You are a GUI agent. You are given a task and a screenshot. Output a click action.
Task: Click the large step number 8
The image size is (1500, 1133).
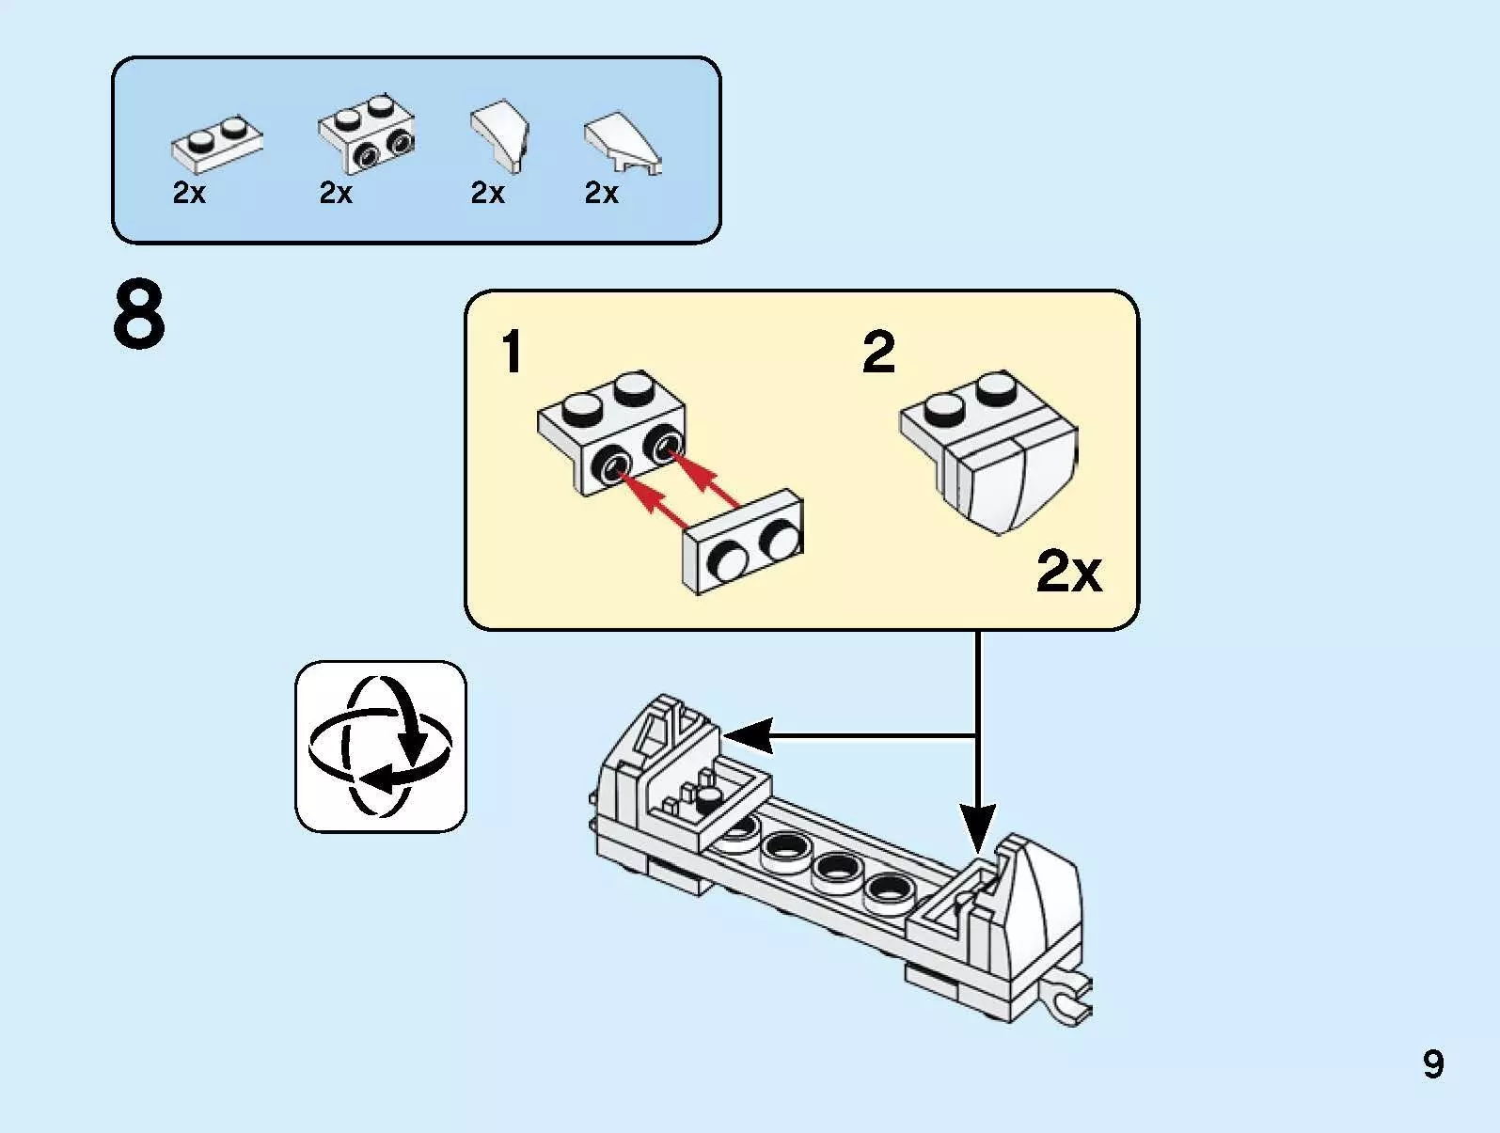click(139, 316)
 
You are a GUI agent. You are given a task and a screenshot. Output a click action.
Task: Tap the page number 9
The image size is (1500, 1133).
click(1432, 1064)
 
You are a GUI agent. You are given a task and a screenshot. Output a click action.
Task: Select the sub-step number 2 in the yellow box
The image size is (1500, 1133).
click(878, 354)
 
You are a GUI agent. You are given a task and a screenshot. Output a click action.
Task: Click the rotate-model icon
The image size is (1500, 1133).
click(381, 746)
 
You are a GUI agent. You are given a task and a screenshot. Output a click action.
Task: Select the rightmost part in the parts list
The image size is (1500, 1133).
click(622, 144)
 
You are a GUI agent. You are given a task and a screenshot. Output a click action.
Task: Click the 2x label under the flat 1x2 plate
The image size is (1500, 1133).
click(189, 193)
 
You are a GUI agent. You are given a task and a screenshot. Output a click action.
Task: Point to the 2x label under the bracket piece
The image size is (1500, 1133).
click(336, 193)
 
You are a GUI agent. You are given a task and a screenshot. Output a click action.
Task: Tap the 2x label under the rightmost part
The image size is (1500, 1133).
click(602, 193)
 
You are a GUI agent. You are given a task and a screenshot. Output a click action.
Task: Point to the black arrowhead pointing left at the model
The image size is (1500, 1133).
click(747, 735)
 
